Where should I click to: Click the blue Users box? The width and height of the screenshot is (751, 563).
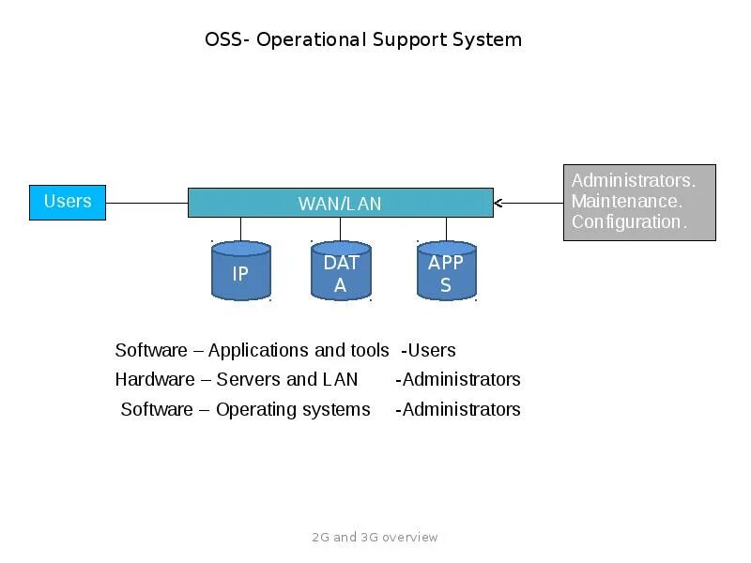[x=68, y=202]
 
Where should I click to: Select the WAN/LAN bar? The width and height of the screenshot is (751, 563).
[x=340, y=203]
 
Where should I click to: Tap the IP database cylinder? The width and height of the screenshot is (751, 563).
[x=241, y=272]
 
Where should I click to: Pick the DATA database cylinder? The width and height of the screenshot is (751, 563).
[x=341, y=272]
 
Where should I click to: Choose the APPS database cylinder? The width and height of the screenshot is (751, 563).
[x=446, y=272]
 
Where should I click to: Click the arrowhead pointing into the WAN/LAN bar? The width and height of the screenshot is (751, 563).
[x=498, y=203]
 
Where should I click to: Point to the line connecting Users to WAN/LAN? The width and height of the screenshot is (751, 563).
[x=146, y=203]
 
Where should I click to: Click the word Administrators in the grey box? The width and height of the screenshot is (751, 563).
[x=633, y=180]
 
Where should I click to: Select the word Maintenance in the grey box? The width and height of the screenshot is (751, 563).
[x=625, y=201]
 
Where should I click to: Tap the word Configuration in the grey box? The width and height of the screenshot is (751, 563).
[x=628, y=222]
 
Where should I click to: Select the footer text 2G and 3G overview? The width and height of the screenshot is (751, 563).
[x=375, y=538]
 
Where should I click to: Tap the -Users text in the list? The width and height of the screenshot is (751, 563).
[x=428, y=351]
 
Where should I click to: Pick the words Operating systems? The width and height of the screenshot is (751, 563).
[x=293, y=410]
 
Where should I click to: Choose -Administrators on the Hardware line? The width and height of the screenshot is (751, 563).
[x=458, y=380]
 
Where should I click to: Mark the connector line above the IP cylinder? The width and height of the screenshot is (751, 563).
[x=241, y=229]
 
